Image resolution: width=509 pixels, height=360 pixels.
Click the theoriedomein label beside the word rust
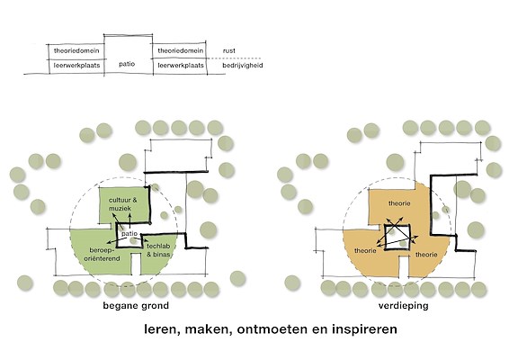coord(181,50)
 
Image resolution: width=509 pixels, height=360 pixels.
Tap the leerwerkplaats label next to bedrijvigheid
coord(181,66)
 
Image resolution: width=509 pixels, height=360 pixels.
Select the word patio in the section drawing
coord(127,64)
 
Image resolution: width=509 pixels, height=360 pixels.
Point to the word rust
coord(228,51)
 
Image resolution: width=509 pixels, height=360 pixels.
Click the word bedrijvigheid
coord(243,66)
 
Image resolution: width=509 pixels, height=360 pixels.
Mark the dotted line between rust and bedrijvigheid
coord(235,58)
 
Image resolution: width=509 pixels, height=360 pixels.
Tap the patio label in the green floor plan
coord(129,234)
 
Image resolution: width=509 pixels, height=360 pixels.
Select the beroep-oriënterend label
coord(102,255)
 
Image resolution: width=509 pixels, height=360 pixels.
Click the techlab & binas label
coord(158,250)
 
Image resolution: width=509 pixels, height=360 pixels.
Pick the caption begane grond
coord(136,306)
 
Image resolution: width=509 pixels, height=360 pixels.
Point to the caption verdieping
coord(403,306)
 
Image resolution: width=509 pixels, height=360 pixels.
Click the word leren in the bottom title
coord(160,329)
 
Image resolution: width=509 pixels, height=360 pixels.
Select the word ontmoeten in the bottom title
coord(272,329)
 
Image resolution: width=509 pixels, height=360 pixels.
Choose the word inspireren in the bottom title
coord(364,329)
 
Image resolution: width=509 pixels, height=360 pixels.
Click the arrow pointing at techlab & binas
coord(137,238)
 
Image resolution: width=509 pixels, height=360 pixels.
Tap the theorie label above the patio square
coord(399,203)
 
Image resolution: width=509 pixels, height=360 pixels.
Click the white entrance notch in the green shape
coord(137,264)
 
